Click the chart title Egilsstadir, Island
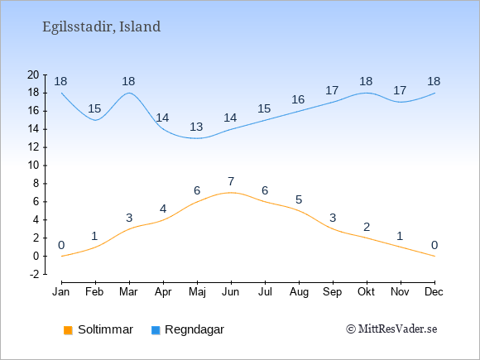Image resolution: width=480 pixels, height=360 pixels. coord(101,26)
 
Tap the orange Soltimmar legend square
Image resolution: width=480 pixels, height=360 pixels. coord(68,330)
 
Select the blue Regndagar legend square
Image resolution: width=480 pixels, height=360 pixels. coord(156,330)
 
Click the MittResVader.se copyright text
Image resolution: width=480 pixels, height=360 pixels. coord(391,329)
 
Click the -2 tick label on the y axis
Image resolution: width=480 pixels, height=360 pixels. coord(35,274)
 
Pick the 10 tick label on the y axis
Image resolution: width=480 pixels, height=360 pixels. coord(33,166)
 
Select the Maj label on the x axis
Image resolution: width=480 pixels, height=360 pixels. coord(197,292)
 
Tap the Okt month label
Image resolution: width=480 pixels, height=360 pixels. coord(366,292)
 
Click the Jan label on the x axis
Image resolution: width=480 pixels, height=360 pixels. coord(61,292)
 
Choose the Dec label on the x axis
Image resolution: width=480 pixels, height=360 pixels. coord(434,292)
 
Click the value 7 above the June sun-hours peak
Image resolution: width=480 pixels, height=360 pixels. coord(231,181)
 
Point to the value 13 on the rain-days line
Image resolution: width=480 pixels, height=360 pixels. coord(196,127)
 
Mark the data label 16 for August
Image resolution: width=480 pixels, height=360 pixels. coord(298,99)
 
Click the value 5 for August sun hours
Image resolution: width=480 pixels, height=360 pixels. coord(299,199)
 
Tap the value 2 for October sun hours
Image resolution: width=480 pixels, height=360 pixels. coord(367,227)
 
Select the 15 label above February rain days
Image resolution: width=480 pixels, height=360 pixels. coord(94,108)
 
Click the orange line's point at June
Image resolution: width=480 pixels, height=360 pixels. coord(231,193)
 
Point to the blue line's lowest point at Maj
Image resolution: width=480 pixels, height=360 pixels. coord(197,138)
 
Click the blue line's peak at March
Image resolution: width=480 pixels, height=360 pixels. coord(129,93)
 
